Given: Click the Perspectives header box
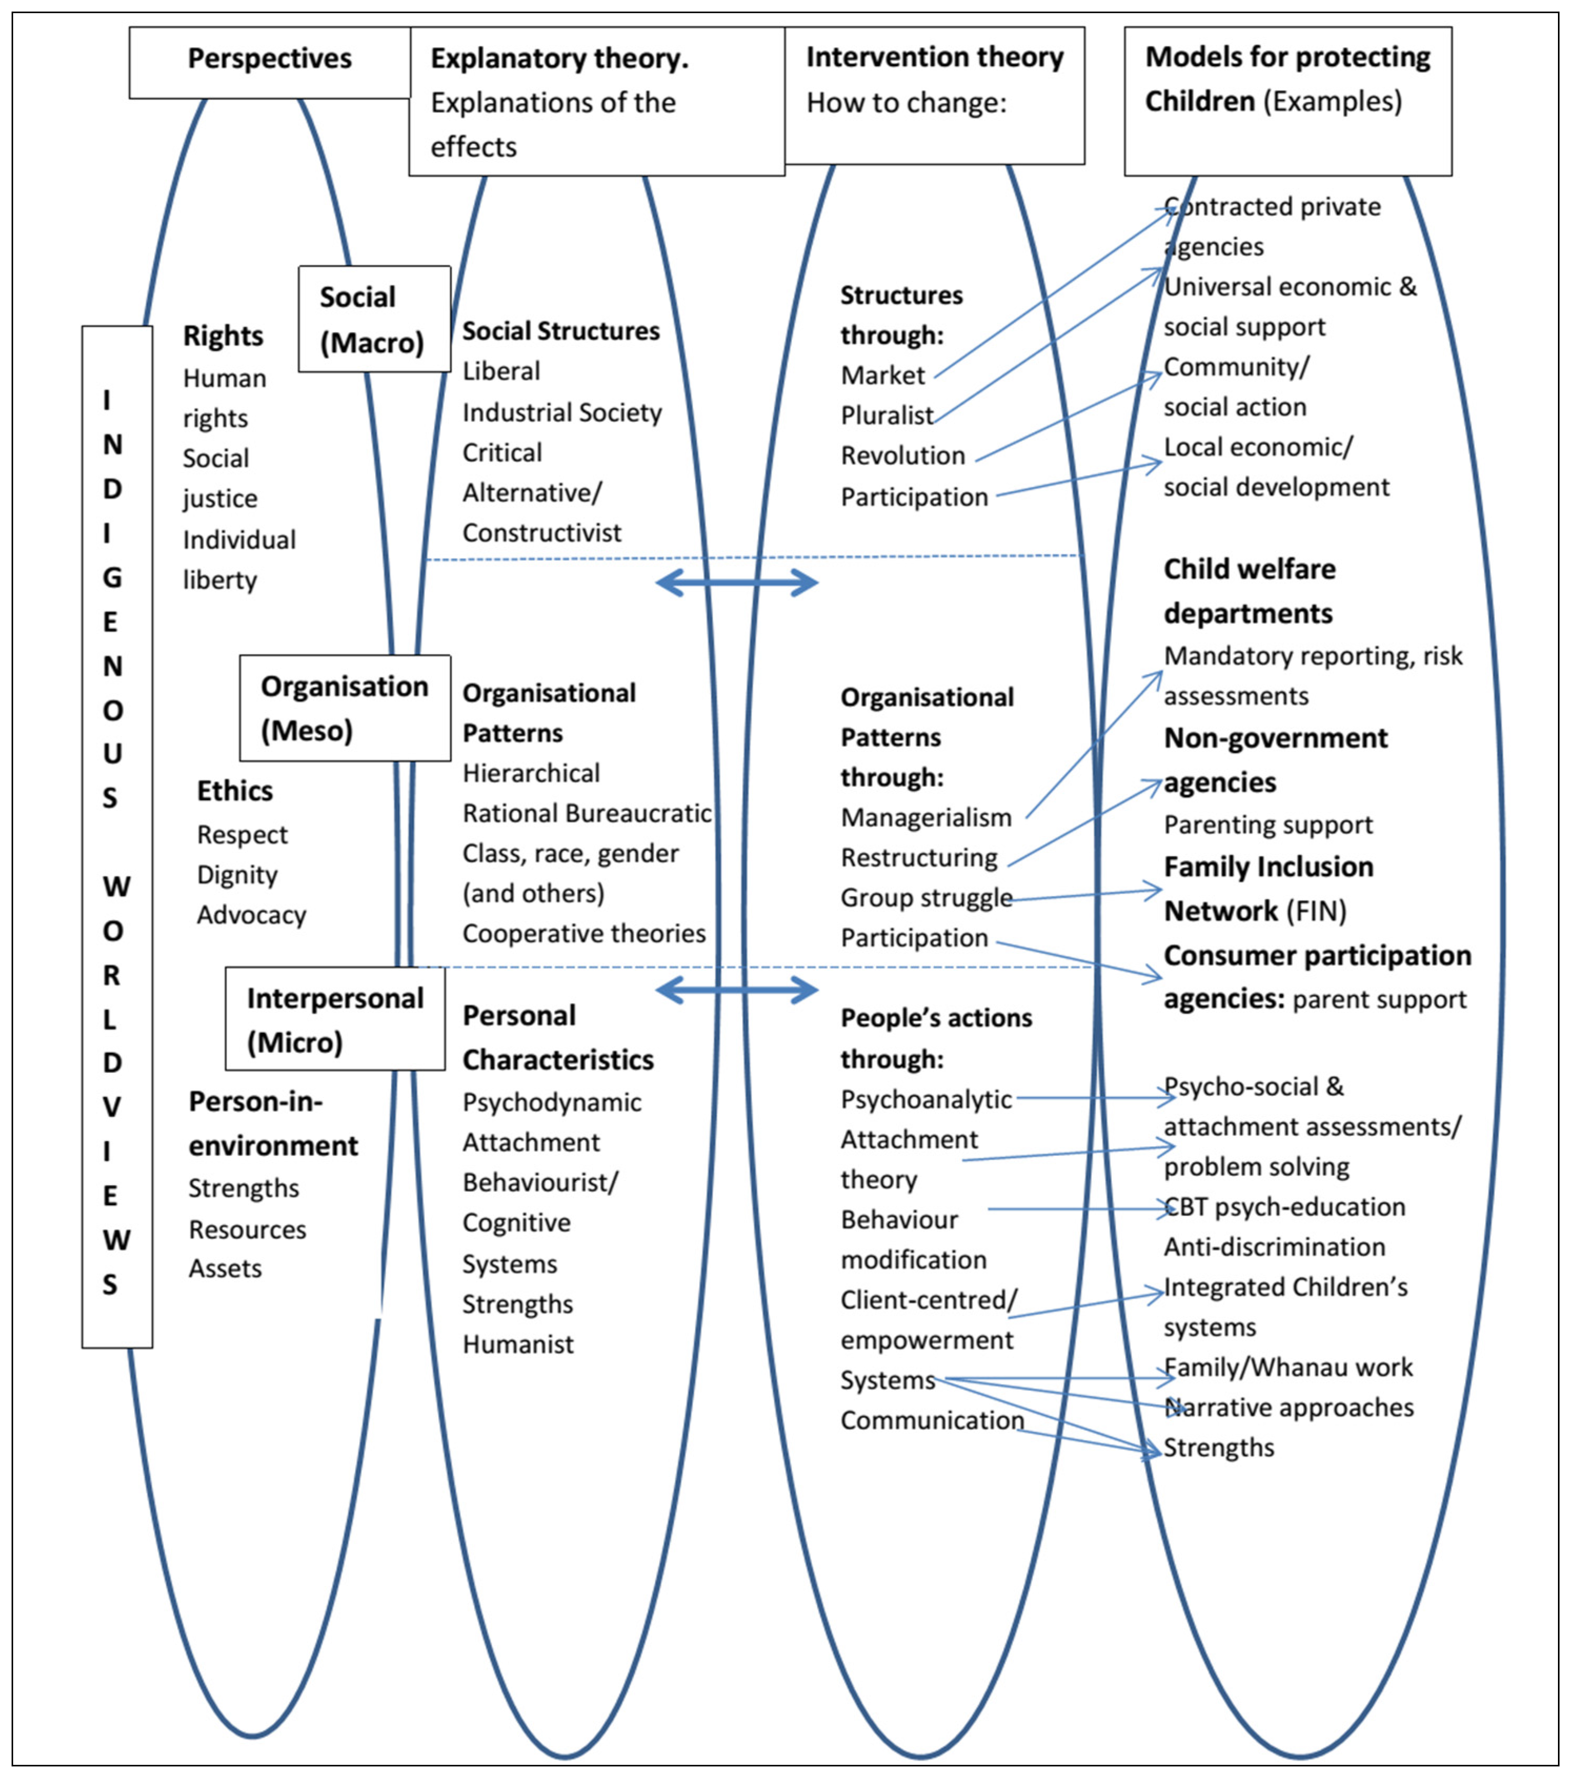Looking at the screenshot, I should pos(270,62).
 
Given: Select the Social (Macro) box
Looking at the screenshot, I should pos(374,319).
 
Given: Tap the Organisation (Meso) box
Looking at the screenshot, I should pos(345,708).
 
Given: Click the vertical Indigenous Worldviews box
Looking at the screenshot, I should pos(117,837).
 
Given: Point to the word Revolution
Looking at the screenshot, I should pos(902,456).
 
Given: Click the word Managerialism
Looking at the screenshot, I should pos(925,817).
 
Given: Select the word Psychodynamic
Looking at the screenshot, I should pos(551,1102).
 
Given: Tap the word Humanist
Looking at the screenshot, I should pos(518,1344).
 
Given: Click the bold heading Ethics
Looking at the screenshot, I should pos(234,791).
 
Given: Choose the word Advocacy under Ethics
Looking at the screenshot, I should pos(251,915).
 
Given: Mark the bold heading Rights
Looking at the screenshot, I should pos(222,336).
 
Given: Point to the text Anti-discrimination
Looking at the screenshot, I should pos(1274,1247).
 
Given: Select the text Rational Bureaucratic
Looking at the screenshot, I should pos(586,813).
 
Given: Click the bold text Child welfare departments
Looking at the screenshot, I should pos(1249,591).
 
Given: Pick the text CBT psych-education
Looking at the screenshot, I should pos(1284,1207).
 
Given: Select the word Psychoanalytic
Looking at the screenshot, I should pos(925,1099).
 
